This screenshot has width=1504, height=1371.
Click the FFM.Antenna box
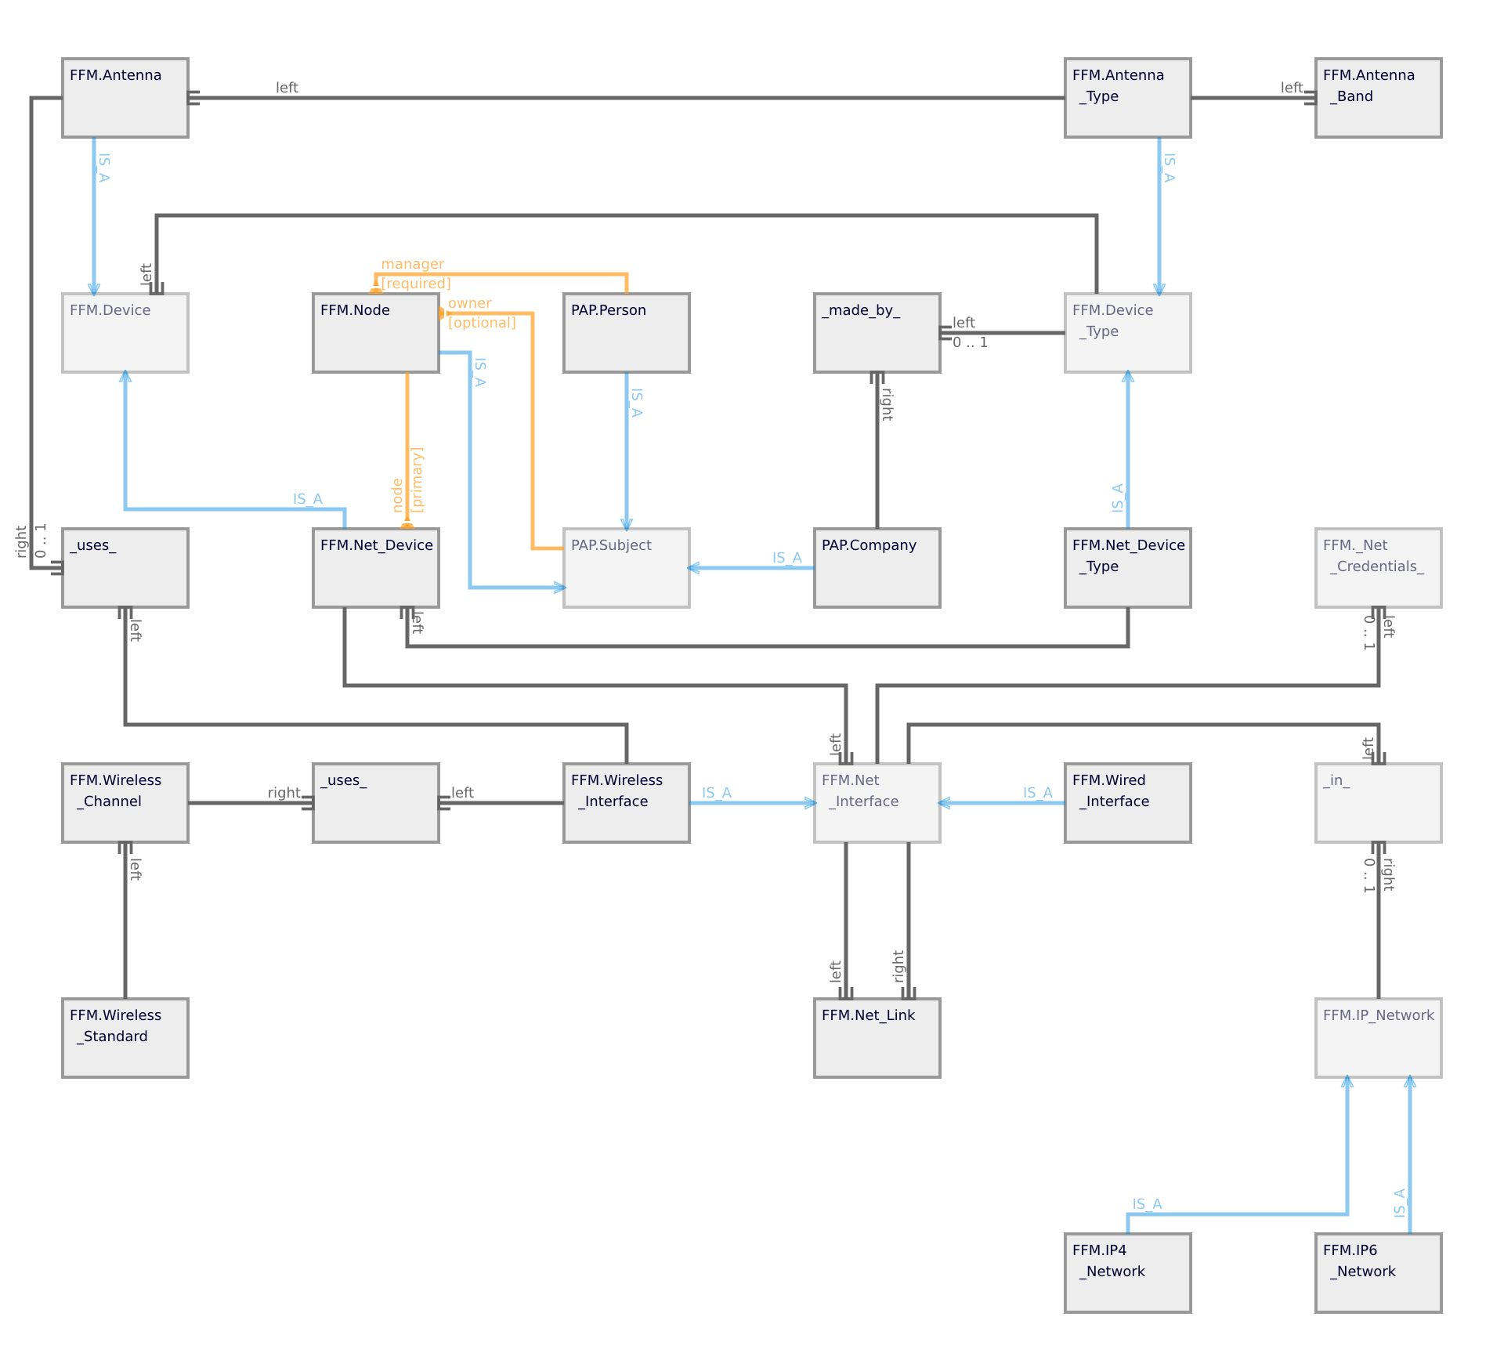(x=125, y=98)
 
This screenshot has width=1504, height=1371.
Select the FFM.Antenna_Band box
(x=1379, y=98)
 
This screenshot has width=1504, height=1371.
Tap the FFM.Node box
(x=376, y=333)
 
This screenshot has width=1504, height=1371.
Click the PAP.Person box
(x=627, y=333)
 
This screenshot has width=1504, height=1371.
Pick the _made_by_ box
(x=877, y=333)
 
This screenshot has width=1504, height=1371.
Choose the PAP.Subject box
(x=627, y=568)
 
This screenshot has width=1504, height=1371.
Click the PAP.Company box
(x=877, y=568)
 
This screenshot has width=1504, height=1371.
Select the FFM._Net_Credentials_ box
(x=1379, y=568)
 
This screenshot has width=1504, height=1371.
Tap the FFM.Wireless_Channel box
(x=125, y=803)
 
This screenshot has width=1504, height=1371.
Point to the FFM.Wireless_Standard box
(x=125, y=1038)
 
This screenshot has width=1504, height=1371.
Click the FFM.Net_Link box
(x=877, y=1038)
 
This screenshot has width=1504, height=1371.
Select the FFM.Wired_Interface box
(x=1128, y=803)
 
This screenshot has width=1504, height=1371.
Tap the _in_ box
(x=1379, y=803)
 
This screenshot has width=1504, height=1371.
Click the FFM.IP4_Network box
(x=1128, y=1273)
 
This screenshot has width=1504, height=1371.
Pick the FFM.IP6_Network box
(x=1379, y=1273)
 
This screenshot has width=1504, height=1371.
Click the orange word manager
(x=412, y=264)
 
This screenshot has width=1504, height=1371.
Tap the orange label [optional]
(x=482, y=323)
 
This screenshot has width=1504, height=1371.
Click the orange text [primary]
(x=417, y=479)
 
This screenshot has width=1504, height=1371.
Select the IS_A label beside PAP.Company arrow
(x=786, y=558)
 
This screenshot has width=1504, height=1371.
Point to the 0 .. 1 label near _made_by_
(x=970, y=342)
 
